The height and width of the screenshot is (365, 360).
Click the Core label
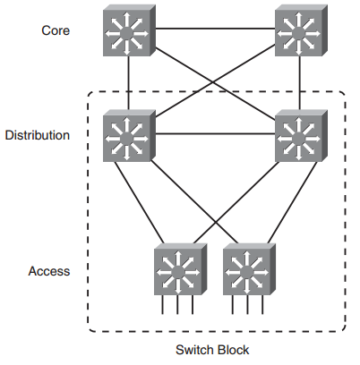click(55, 30)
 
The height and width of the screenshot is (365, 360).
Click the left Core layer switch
click(128, 32)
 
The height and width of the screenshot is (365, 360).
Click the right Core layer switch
click(299, 32)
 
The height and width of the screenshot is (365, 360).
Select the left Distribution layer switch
click(128, 135)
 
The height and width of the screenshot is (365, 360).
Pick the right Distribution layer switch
click(299, 135)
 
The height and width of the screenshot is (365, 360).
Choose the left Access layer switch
click(179, 268)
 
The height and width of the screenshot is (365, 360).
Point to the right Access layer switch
click(247, 268)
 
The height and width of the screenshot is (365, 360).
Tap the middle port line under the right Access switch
click(247, 306)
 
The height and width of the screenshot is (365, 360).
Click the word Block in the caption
click(235, 350)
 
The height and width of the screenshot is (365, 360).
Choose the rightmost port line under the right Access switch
click(261, 306)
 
